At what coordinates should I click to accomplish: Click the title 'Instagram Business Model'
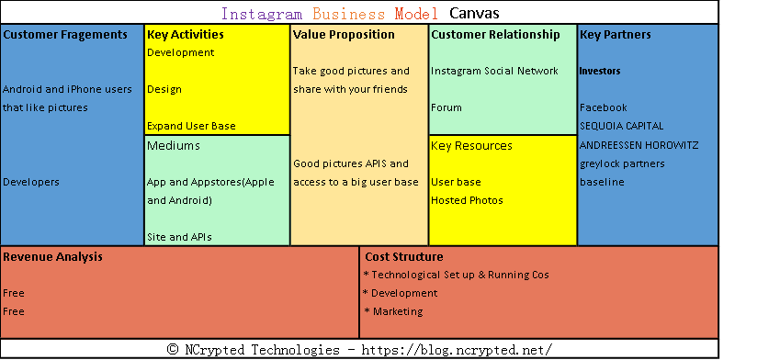click(x=330, y=14)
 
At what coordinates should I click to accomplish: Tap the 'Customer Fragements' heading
click(x=65, y=35)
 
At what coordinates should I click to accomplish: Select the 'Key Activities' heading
click(x=185, y=35)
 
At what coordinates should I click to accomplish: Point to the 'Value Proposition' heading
click(x=344, y=35)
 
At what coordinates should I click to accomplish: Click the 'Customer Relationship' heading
click(x=495, y=35)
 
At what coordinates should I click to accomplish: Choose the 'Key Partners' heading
click(x=615, y=35)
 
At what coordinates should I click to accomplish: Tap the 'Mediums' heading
click(x=173, y=145)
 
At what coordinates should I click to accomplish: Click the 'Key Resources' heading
click(x=471, y=145)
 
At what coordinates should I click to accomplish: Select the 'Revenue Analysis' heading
click(x=52, y=257)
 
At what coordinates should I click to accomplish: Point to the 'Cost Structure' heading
click(x=403, y=257)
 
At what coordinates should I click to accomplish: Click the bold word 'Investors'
click(x=599, y=71)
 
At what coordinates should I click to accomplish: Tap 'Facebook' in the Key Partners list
click(x=603, y=107)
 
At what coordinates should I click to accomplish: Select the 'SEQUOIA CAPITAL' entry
click(x=621, y=126)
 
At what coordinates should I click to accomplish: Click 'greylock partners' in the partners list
click(x=622, y=163)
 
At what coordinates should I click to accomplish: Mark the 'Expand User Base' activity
click(x=191, y=126)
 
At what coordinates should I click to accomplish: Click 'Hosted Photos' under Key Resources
click(x=467, y=200)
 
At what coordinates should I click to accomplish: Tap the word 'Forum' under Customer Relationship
click(x=447, y=107)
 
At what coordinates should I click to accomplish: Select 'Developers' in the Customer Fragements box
click(x=31, y=182)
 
